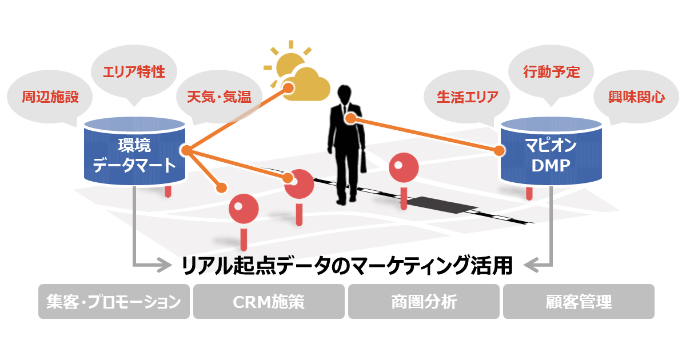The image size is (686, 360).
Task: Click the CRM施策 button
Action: tap(269, 301)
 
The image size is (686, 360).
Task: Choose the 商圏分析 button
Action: tap(424, 301)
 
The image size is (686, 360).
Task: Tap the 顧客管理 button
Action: tap(579, 301)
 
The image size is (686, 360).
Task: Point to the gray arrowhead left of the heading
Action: tap(166, 265)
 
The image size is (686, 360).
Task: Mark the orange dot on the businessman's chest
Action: tap(351, 119)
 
